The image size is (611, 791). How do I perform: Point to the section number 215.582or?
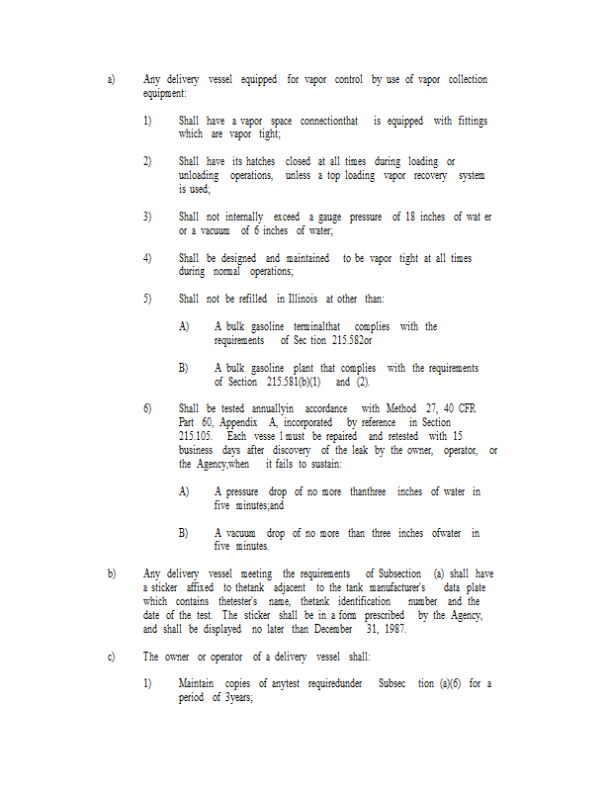[x=352, y=340]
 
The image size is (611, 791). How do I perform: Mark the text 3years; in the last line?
[x=236, y=697]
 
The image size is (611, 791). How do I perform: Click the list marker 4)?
[x=147, y=258]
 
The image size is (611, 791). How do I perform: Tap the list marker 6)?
[x=147, y=408]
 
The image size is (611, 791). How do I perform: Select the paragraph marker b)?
[x=112, y=573]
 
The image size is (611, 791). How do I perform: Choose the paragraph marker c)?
[x=112, y=657]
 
